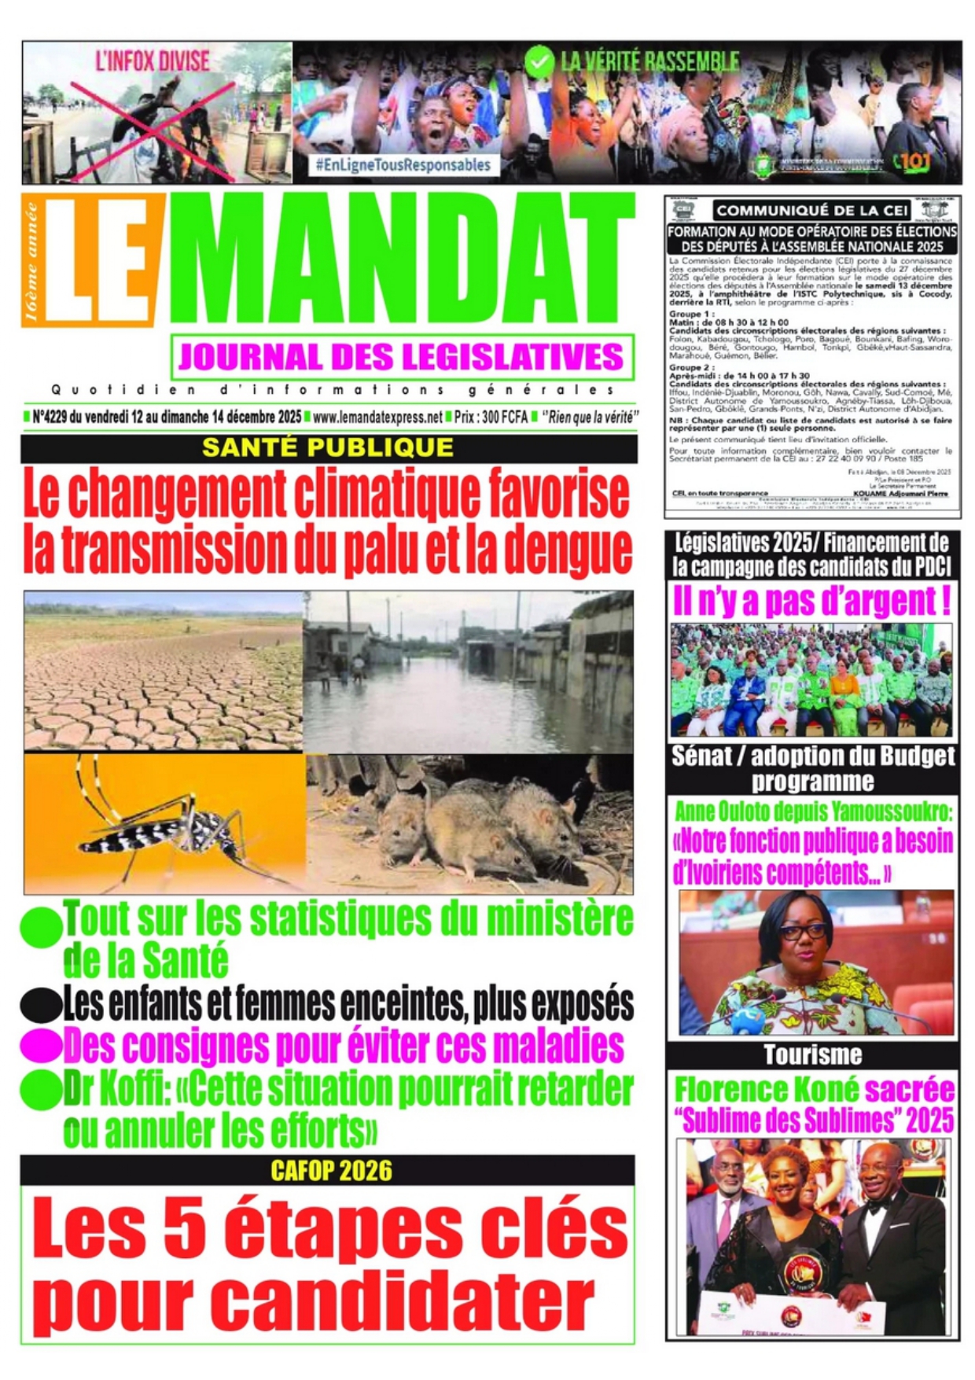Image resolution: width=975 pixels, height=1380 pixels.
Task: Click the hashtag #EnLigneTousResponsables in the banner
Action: tap(403, 165)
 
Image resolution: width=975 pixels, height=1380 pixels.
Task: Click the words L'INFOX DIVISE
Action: tap(153, 61)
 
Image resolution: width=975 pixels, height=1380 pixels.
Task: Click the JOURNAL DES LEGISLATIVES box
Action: tap(402, 357)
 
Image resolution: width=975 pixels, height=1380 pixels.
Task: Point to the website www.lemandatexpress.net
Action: tap(377, 418)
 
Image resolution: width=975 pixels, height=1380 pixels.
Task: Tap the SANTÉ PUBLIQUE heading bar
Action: tap(328, 447)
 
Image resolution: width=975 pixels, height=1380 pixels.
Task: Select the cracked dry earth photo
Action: tap(163, 672)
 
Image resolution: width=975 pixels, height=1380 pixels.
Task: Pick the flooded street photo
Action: tap(468, 672)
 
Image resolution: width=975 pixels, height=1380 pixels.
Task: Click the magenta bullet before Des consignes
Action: tap(41, 1046)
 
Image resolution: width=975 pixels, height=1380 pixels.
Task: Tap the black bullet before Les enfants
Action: tap(41, 1004)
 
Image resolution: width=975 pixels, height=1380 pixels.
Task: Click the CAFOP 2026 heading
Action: tap(331, 1171)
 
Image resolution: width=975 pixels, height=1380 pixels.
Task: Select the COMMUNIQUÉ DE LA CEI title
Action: tap(812, 210)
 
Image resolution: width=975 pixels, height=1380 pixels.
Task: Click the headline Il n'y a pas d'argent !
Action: tap(812, 602)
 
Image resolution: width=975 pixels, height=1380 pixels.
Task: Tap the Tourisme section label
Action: tap(812, 1055)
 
